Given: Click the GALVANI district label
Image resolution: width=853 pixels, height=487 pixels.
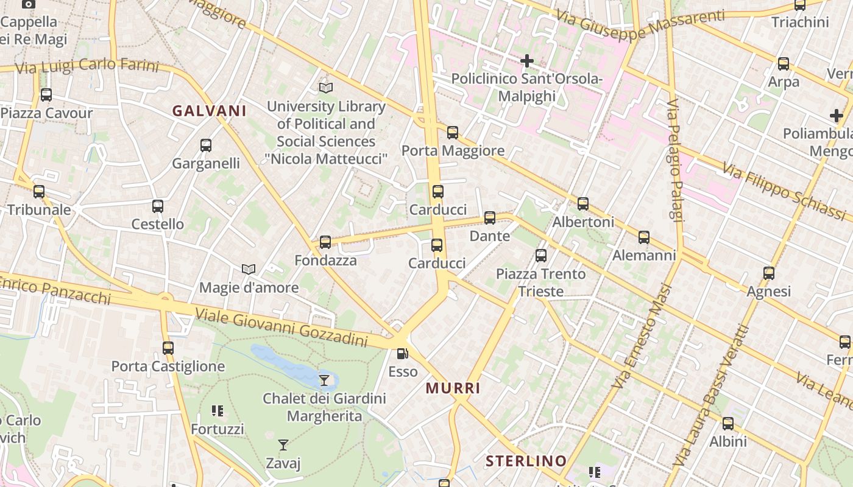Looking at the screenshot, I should click(x=209, y=111).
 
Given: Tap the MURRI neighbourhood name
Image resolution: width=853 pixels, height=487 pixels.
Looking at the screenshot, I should click(x=453, y=388).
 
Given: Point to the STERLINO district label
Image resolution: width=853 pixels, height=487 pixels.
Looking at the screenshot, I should click(x=526, y=461).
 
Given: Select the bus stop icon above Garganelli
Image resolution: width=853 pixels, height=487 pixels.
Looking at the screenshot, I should click(x=206, y=145).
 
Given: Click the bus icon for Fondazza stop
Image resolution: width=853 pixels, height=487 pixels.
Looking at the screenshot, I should click(x=325, y=242).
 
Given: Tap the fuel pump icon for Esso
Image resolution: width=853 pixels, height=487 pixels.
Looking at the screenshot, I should click(x=402, y=353).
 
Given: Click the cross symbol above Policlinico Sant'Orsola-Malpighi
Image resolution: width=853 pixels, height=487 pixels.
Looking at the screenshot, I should click(x=527, y=61).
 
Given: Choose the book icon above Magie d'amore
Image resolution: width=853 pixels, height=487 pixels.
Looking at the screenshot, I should click(x=249, y=269).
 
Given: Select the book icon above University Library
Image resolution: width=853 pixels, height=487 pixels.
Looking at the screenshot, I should click(x=326, y=88).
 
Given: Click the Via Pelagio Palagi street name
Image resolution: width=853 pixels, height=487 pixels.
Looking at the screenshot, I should click(x=675, y=161).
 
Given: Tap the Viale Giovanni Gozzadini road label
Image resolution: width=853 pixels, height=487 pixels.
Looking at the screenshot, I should click(x=281, y=327).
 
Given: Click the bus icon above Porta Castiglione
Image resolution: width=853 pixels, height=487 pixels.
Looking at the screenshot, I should click(x=168, y=348).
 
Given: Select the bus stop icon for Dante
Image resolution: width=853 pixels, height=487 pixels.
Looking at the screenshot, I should click(x=490, y=217).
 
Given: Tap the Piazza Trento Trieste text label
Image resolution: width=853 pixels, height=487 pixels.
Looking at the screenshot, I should click(x=540, y=282).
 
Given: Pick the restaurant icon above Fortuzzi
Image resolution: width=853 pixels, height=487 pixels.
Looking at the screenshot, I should click(x=218, y=411).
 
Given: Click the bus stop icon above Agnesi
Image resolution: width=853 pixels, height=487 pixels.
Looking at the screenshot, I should click(x=769, y=273).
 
